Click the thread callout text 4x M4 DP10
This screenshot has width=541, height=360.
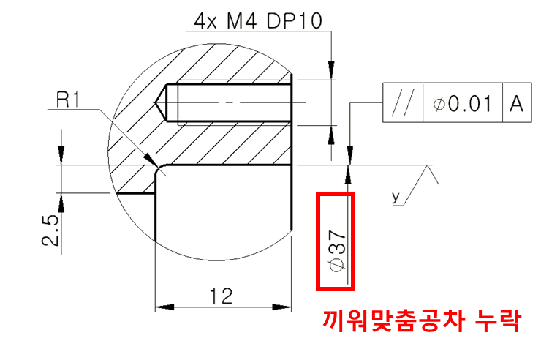pyautogui.click(x=258, y=21)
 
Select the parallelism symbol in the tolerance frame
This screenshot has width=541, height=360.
pyautogui.click(x=402, y=104)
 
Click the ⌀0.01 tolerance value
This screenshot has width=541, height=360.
pyautogui.click(x=463, y=104)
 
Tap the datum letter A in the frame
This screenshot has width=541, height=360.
pyautogui.click(x=517, y=104)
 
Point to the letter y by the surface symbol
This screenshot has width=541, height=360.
pyautogui.click(x=396, y=196)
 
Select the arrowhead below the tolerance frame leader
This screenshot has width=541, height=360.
pyautogui.click(x=349, y=155)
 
